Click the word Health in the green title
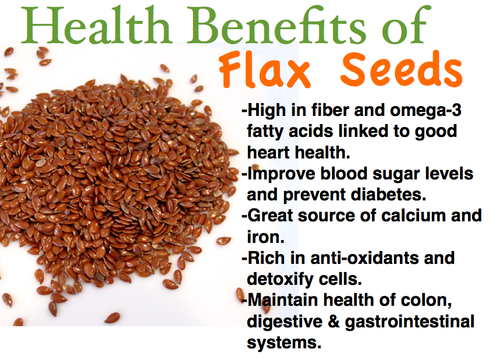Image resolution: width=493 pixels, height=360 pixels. pyautogui.click(x=97, y=25)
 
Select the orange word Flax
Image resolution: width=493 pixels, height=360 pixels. pyautogui.click(x=265, y=69)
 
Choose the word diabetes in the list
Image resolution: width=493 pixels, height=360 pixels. pyautogui.click(x=388, y=194)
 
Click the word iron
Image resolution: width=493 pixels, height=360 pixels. pyautogui.click(x=265, y=237)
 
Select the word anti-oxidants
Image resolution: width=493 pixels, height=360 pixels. pyautogui.click(x=364, y=257)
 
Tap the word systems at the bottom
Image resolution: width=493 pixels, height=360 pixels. pyautogui.click(x=284, y=343)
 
